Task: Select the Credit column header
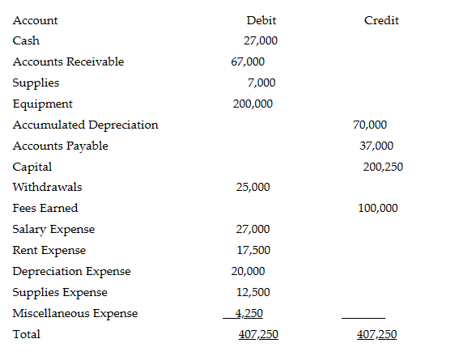(381, 20)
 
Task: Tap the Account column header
(36, 20)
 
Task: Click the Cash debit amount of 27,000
(261, 40)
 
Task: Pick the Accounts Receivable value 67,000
(248, 61)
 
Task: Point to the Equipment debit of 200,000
(253, 104)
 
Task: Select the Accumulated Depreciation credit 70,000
(370, 125)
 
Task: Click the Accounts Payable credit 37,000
(376, 146)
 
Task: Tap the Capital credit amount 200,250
(384, 167)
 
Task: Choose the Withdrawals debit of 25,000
(253, 188)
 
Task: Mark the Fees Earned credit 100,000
(377, 208)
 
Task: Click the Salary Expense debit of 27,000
(253, 230)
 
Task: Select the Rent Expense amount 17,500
(253, 251)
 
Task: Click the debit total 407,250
(258, 334)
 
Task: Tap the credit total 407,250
(377, 334)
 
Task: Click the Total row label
(27, 334)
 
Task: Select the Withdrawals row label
(47, 188)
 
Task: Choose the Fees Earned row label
(45, 209)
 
